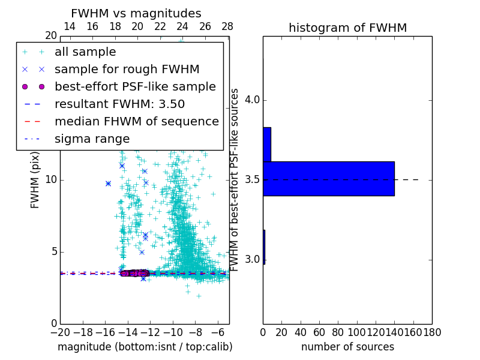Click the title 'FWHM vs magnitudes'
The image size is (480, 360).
pyautogui.click(x=136, y=13)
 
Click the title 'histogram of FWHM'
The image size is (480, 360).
pyautogui.click(x=347, y=28)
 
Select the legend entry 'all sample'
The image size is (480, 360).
pyautogui.click(x=85, y=52)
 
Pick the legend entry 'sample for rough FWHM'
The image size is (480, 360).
pyautogui.click(x=127, y=69)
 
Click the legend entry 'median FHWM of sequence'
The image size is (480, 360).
pyautogui.click(x=136, y=121)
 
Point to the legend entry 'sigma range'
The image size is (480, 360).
pyautogui.click(x=92, y=139)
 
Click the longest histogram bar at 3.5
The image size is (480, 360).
pyautogui.click(x=328, y=178)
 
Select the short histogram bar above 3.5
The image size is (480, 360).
pyautogui.click(x=267, y=144)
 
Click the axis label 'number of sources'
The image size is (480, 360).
pyautogui.click(x=347, y=347)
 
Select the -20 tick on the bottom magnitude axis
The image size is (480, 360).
pyautogui.click(x=60, y=332)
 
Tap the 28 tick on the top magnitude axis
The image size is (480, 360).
pyautogui.click(x=227, y=26)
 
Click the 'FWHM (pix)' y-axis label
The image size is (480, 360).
pyautogui.click(x=35, y=180)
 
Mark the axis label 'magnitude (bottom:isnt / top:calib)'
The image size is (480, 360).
pyautogui.click(x=145, y=347)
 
